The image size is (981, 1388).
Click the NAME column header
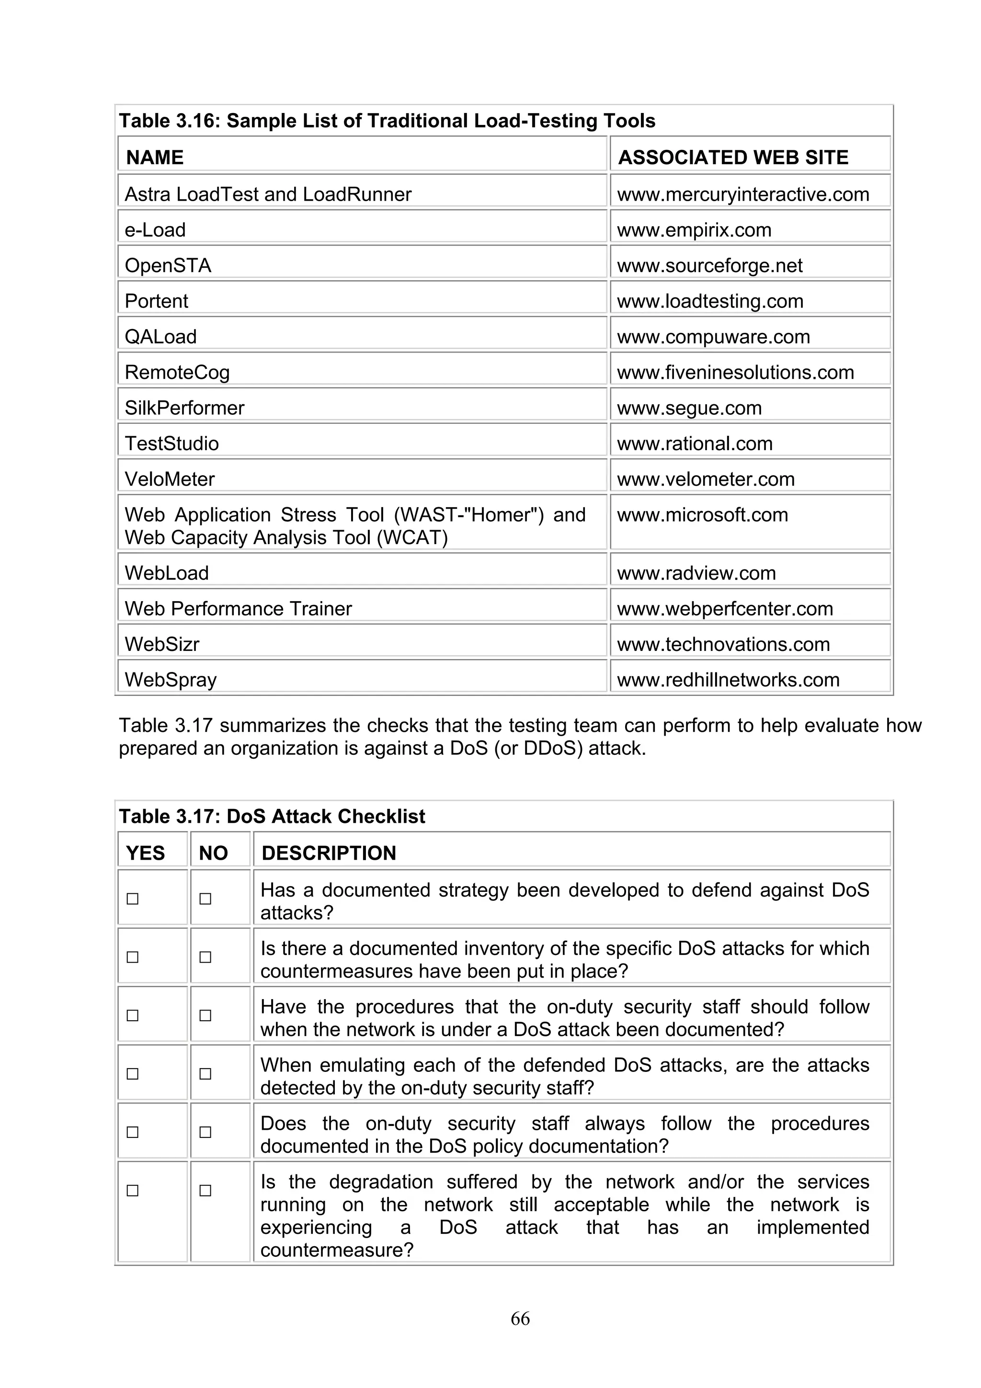[x=155, y=157]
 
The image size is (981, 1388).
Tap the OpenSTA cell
[x=168, y=265]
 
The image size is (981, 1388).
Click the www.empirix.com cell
[x=694, y=230]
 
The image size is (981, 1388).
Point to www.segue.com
[x=689, y=408]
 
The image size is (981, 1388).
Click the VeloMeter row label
[x=170, y=479]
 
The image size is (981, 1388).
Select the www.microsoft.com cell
[x=702, y=514]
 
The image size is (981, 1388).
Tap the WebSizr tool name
[x=162, y=644]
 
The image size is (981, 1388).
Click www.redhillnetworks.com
[x=728, y=680]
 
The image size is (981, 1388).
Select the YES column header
[x=145, y=853]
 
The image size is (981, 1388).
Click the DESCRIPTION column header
[x=329, y=853]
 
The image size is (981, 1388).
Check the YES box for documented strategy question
[x=132, y=899]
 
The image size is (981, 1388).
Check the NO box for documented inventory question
[x=205, y=957]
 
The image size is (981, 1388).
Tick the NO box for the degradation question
[x=205, y=1190]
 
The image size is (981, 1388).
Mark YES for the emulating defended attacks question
[x=132, y=1074]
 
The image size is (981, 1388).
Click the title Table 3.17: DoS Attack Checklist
[x=272, y=816]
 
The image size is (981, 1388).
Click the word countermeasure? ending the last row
[x=337, y=1250]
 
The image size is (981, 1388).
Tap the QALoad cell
[x=161, y=337]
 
